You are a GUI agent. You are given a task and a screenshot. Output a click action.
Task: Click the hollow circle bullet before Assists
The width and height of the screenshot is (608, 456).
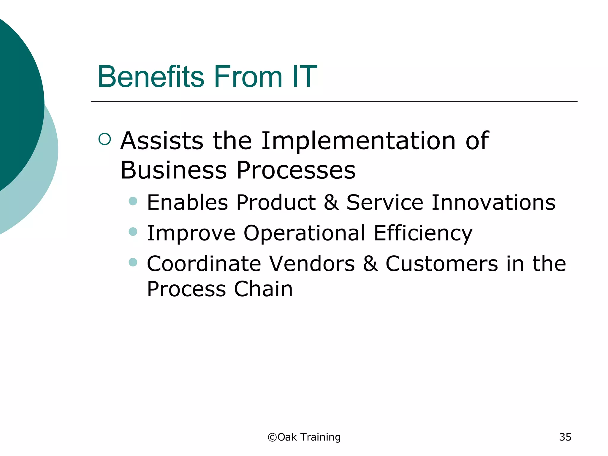104,139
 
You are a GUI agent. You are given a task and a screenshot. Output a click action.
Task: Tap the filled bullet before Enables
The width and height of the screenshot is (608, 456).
133,201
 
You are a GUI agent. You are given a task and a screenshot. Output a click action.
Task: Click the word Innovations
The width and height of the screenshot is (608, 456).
493,202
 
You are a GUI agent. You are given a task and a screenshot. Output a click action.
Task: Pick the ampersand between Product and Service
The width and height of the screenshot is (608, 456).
331,202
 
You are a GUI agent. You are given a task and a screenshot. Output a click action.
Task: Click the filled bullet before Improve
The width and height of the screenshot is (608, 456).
133,232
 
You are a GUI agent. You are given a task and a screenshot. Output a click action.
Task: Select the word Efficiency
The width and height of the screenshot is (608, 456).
423,234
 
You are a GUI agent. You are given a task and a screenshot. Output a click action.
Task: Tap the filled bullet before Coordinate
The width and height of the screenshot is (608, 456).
133,262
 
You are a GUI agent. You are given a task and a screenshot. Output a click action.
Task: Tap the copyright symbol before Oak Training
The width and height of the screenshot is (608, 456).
272,437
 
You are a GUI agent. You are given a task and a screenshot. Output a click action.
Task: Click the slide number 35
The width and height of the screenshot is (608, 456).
565,437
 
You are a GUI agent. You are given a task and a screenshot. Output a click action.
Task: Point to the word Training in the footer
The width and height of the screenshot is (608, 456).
320,437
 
